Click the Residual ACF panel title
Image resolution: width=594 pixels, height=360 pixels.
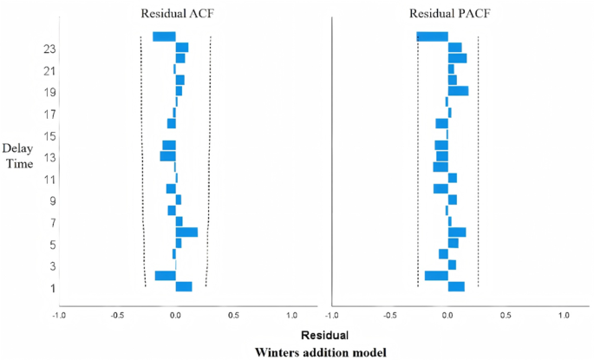click(x=175, y=13)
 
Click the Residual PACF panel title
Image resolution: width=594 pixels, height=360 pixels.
click(x=448, y=13)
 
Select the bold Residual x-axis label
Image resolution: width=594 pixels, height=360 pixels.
click(x=324, y=334)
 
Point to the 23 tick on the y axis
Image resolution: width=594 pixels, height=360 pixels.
click(x=49, y=49)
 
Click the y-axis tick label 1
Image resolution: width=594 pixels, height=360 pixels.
click(x=53, y=288)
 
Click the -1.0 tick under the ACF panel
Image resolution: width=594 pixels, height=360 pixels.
click(x=58, y=314)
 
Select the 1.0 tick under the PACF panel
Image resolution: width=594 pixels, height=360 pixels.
click(x=565, y=314)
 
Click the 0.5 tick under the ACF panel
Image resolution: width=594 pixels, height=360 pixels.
click(x=233, y=314)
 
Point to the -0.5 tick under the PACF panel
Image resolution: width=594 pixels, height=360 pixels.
click(x=389, y=314)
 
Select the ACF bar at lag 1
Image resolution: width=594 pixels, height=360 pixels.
click(x=184, y=286)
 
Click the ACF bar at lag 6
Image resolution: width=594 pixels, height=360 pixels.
click(x=186, y=232)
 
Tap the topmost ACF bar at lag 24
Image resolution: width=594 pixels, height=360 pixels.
click(x=164, y=36)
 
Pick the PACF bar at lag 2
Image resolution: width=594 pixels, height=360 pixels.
click(x=436, y=276)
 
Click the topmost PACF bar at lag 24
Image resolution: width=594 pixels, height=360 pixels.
click(x=432, y=36)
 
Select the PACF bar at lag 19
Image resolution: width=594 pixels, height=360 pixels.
click(x=458, y=91)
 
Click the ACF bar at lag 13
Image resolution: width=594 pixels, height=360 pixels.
click(x=167, y=156)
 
